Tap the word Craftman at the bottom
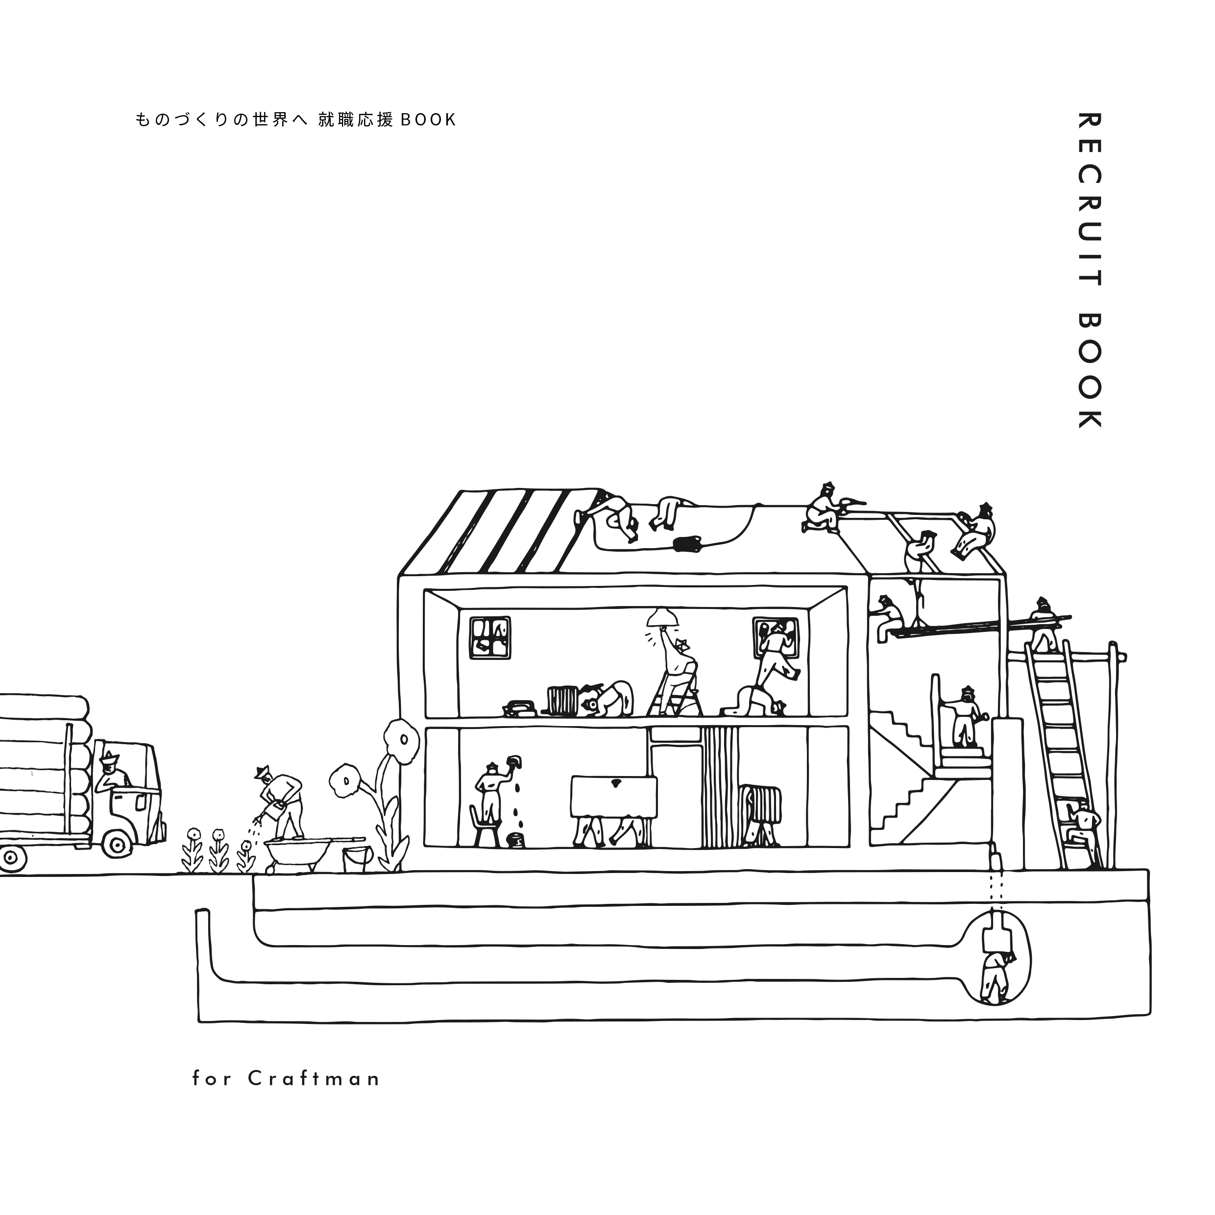tap(315, 1079)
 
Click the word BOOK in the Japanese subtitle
tap(428, 120)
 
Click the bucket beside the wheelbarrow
tap(357, 859)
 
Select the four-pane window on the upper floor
tap(490, 637)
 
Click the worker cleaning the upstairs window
tap(776, 654)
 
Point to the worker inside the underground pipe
tap(997, 979)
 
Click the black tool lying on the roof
tap(687, 543)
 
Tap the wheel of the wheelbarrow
tap(271, 870)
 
